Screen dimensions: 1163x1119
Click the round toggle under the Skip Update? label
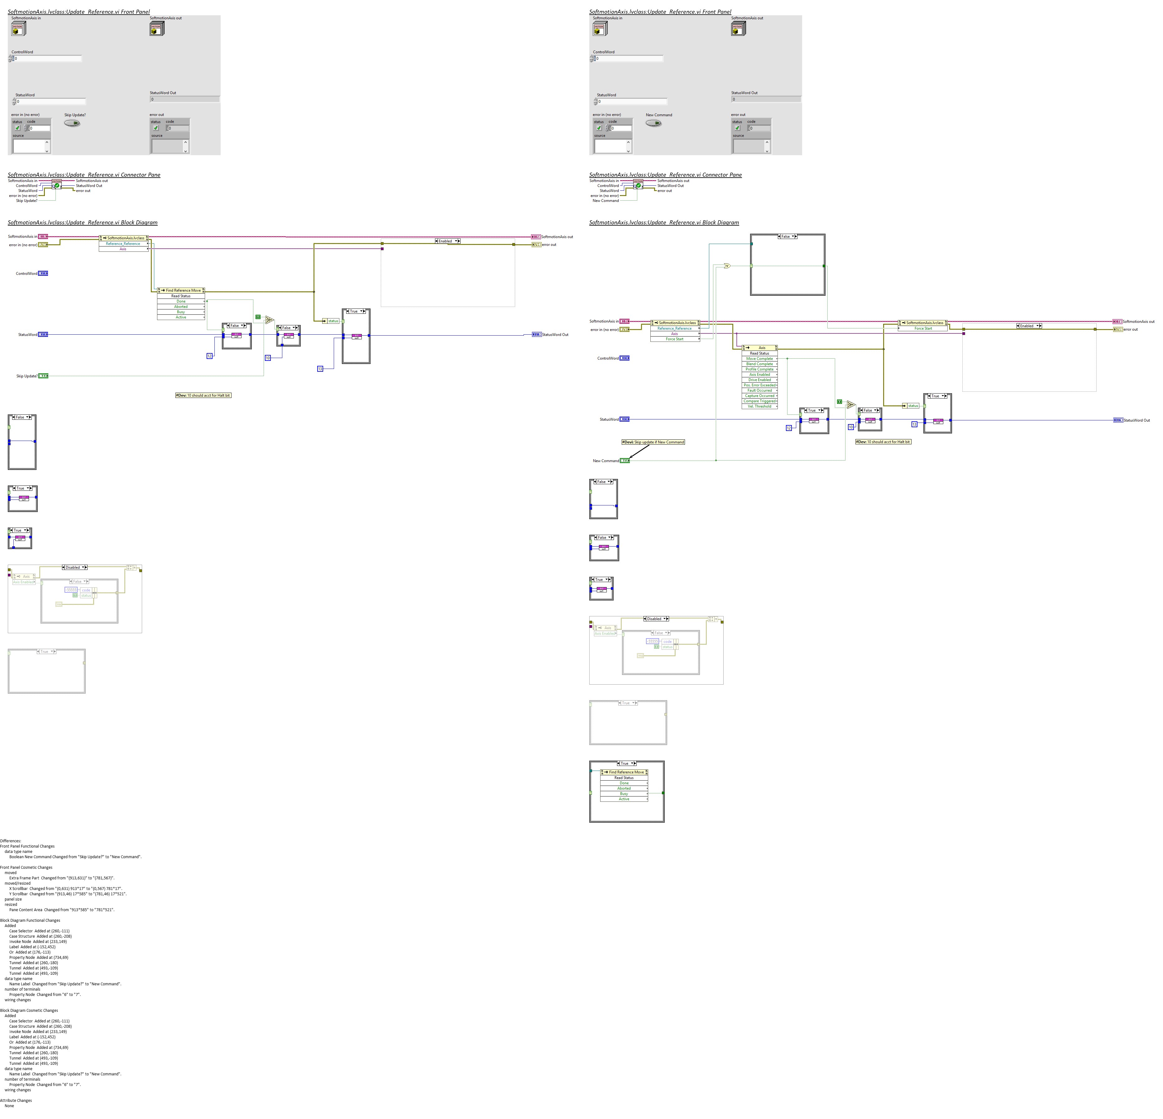click(x=72, y=123)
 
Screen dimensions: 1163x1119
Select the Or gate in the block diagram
click(x=727, y=266)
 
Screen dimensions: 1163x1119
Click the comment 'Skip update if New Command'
click(x=653, y=442)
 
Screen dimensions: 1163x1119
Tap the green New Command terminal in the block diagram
click(x=624, y=461)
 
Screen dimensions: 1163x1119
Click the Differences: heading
click(x=11, y=841)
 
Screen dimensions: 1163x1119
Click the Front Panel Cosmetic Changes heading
click(x=26, y=868)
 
